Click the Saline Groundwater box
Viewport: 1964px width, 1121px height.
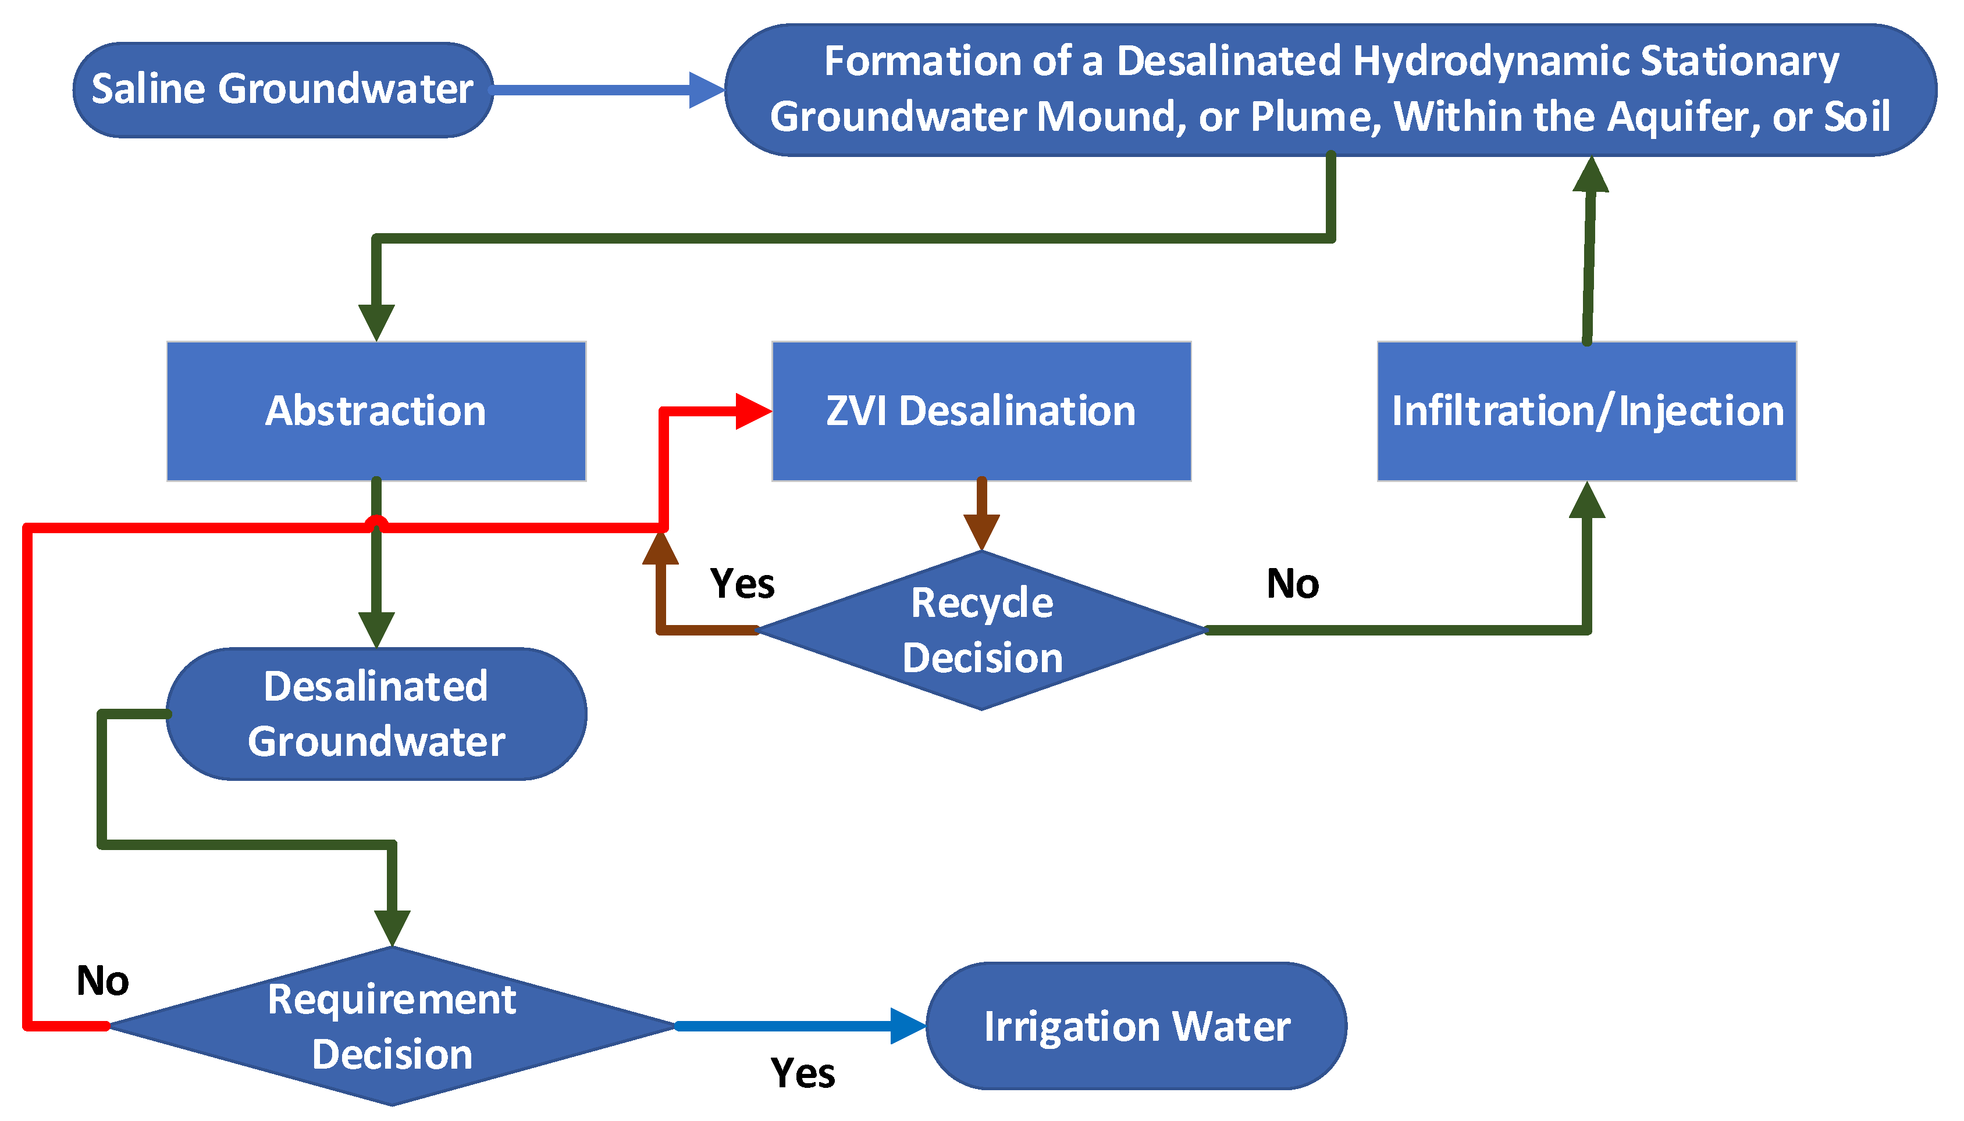coord(283,90)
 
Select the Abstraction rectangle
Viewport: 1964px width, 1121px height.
coord(376,410)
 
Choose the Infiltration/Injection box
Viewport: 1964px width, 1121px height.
coord(1586,410)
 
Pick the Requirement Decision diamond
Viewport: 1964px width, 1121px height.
coord(392,1026)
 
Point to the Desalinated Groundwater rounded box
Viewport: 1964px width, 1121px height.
coord(376,714)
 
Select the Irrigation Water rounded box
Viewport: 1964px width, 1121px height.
coord(1136,1026)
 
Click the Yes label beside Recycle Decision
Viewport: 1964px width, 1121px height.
coord(742,584)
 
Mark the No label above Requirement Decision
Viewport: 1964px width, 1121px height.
coord(102,981)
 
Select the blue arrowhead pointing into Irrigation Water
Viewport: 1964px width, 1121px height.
coord(908,1026)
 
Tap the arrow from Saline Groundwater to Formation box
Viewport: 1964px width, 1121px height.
coord(609,90)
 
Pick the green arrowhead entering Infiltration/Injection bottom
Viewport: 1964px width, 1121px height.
coord(1586,501)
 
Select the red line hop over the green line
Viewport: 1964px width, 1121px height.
coord(376,523)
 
